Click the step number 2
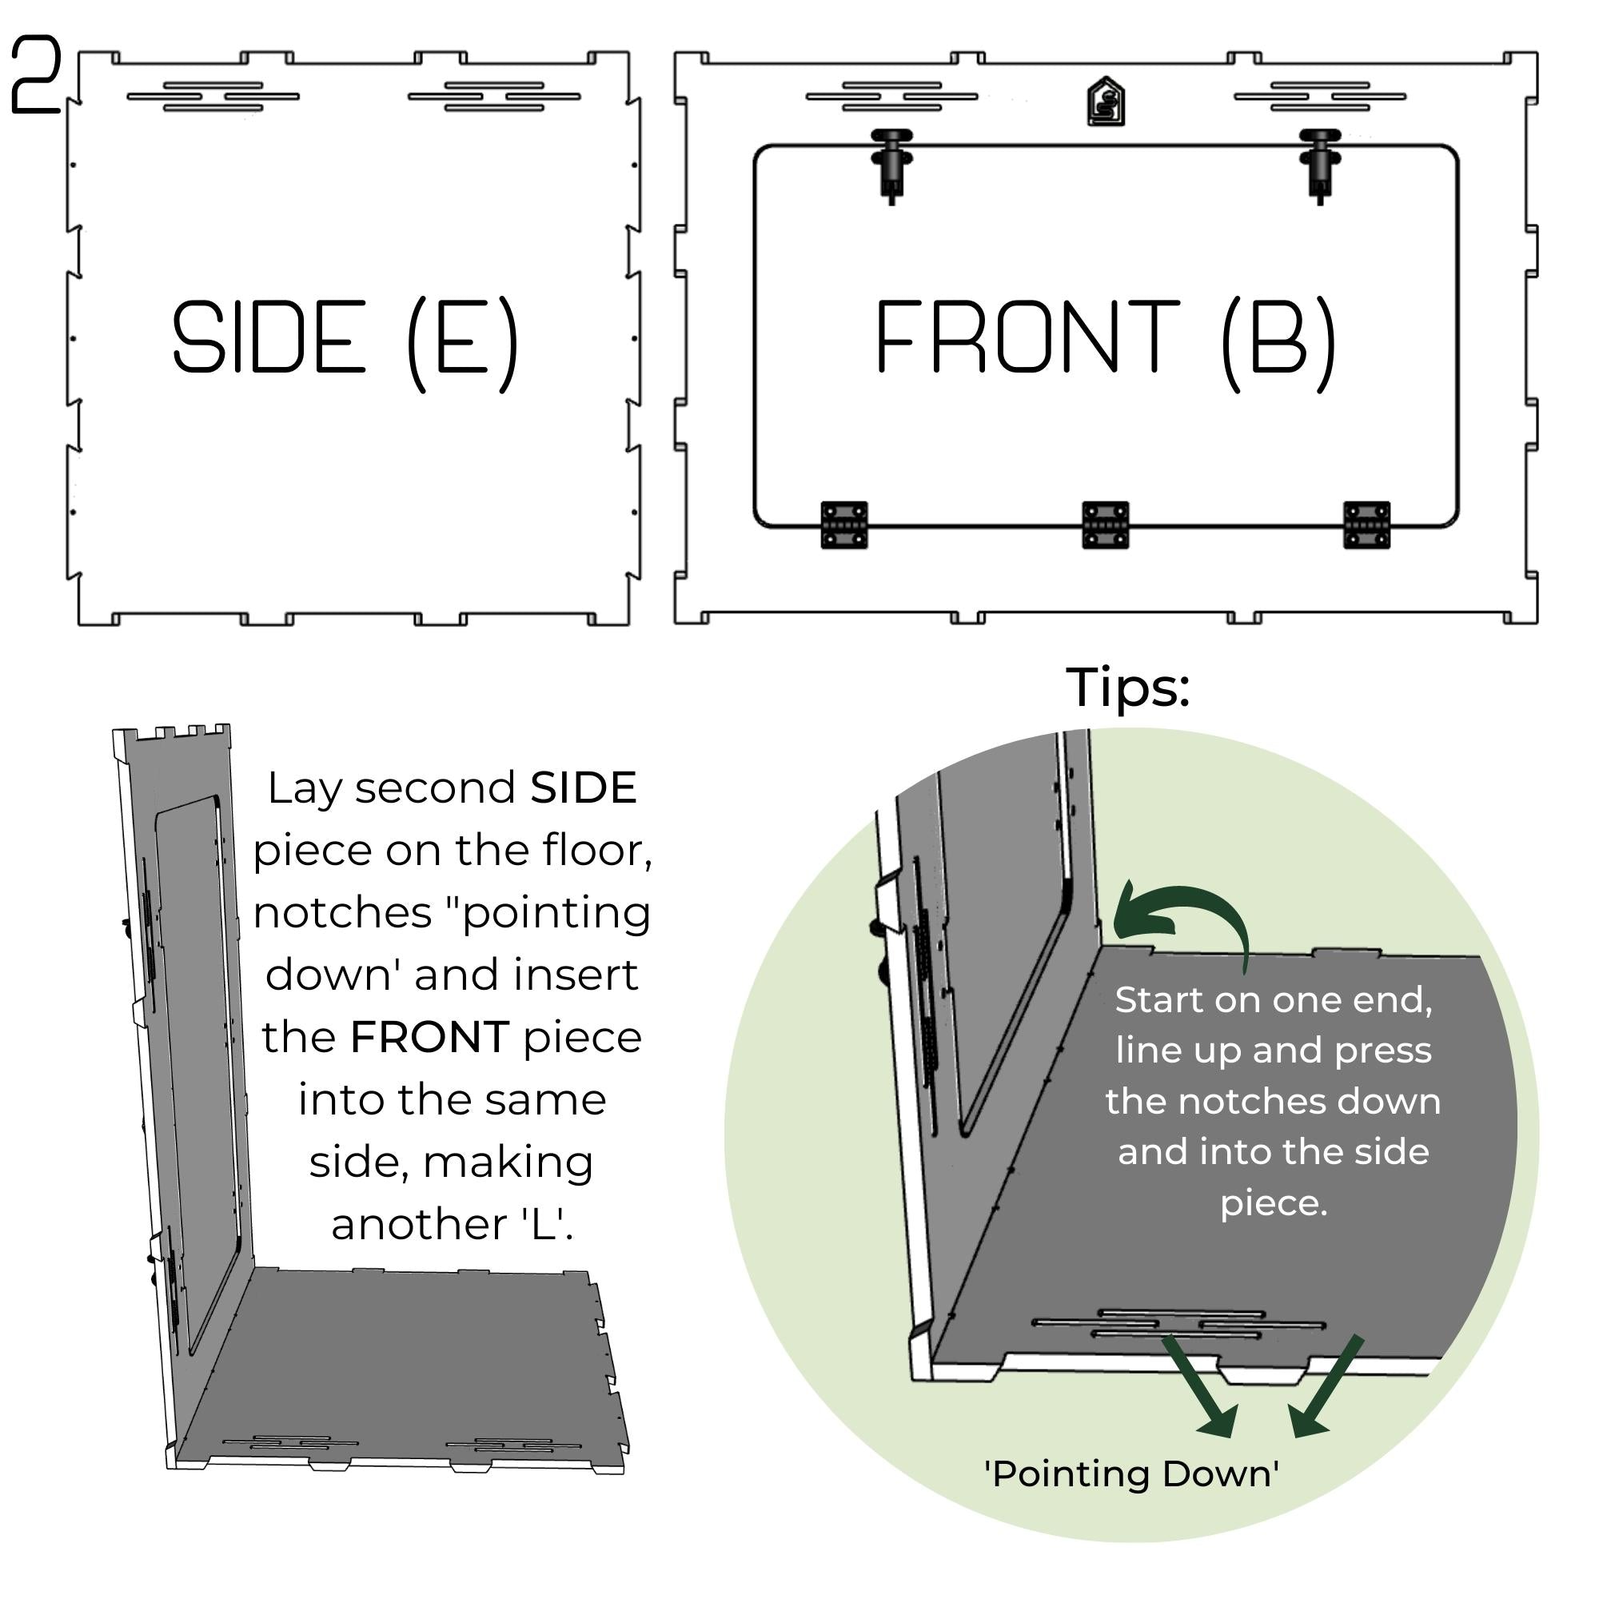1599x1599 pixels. [x=37, y=75]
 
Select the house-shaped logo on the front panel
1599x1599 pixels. [x=1106, y=102]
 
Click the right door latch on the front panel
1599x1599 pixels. [x=1319, y=164]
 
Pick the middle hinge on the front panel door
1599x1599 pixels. [x=1105, y=524]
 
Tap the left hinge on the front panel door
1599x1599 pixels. [x=844, y=524]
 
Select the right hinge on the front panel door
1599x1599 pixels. [x=1366, y=524]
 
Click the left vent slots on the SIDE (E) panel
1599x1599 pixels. [x=213, y=96]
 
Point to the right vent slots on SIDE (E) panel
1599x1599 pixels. [x=494, y=96]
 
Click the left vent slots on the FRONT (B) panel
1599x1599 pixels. [x=891, y=96]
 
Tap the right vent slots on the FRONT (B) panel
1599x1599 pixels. [x=1319, y=96]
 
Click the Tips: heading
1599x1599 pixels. [x=1127, y=687]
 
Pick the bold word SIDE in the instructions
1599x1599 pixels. [x=583, y=787]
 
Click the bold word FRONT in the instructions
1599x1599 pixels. [x=429, y=1037]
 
